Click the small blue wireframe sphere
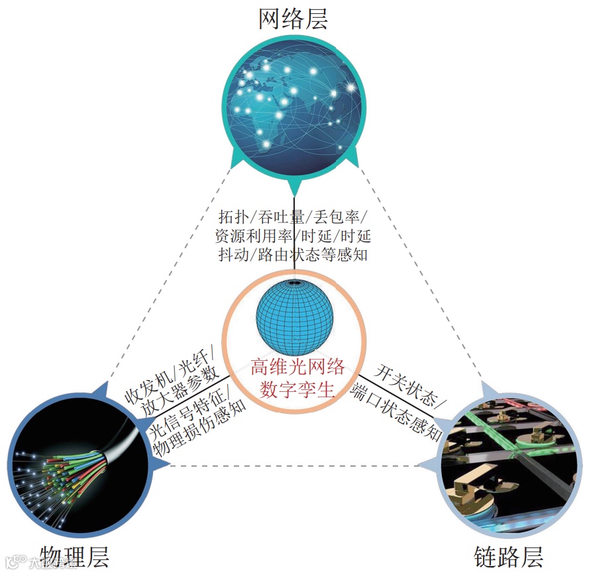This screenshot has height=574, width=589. coord(294,317)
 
